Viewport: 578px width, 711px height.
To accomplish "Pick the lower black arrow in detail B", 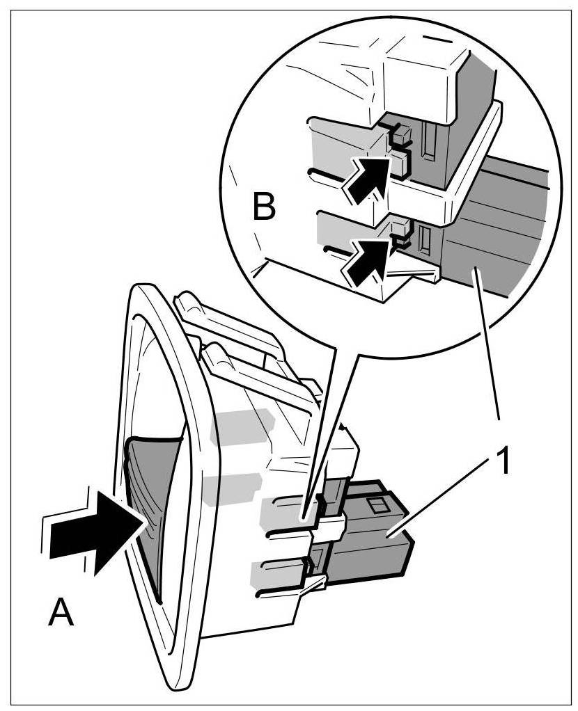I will coord(366,259).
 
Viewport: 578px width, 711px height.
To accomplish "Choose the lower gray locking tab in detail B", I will coord(341,226).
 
